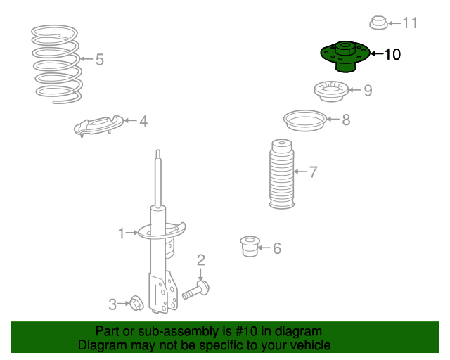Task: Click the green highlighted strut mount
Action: (x=345, y=56)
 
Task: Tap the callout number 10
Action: (x=392, y=54)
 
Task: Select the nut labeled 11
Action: (x=378, y=22)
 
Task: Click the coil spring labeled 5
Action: (x=57, y=64)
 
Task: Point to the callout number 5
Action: (x=100, y=60)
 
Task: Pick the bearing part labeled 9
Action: (x=331, y=91)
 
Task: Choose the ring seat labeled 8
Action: (x=305, y=120)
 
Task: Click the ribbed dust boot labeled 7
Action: (x=281, y=174)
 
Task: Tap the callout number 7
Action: (x=313, y=172)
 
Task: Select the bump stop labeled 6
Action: (x=250, y=246)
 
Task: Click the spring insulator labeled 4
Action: (x=98, y=126)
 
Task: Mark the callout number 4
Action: (x=143, y=121)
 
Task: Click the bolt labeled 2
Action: (x=196, y=290)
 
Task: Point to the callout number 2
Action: (x=201, y=260)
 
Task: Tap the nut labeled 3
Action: (x=136, y=303)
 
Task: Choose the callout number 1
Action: (x=122, y=233)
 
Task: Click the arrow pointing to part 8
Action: (x=333, y=119)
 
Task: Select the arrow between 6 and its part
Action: (x=264, y=247)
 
